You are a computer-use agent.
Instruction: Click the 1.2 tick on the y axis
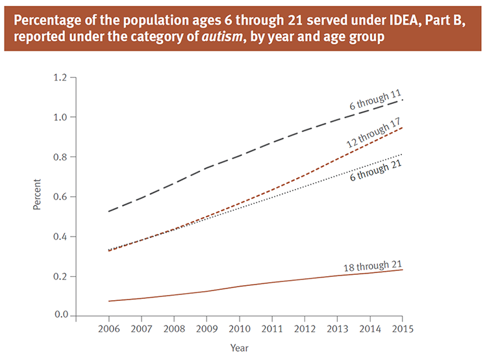[x=60, y=78]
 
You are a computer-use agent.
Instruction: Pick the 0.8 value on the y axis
[x=60, y=157]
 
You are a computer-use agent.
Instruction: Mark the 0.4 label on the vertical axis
[x=60, y=237]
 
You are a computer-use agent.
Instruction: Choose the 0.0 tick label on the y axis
[x=60, y=316]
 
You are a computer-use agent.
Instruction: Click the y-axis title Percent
[x=37, y=197]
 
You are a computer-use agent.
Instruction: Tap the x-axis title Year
[x=239, y=348]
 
